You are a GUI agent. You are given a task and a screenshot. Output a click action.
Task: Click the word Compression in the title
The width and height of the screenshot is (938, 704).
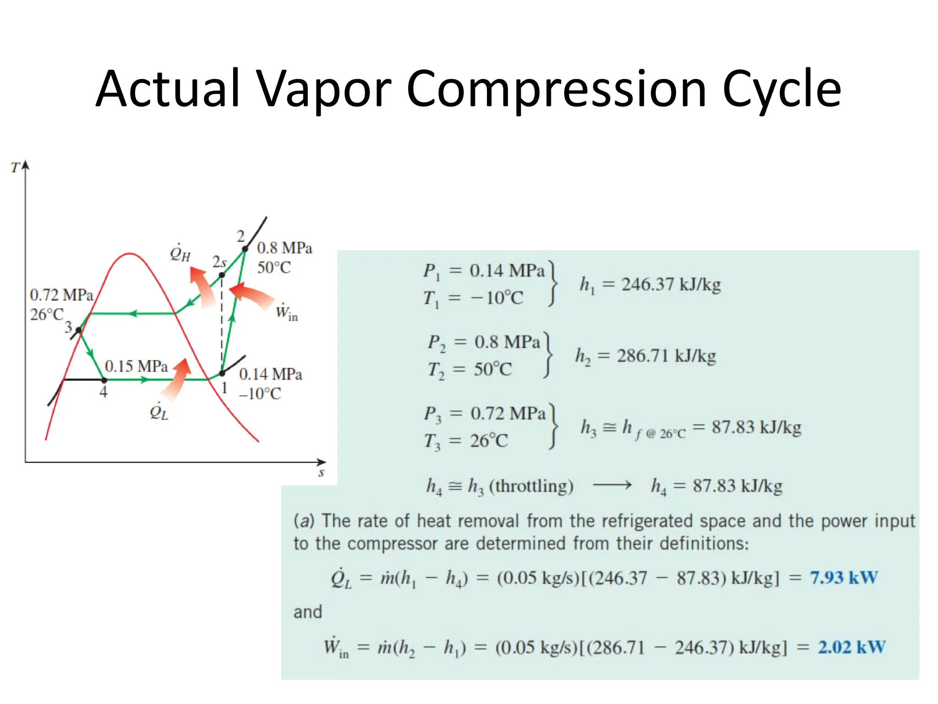pos(556,89)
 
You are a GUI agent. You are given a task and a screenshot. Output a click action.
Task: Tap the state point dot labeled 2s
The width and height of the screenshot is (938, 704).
pos(222,275)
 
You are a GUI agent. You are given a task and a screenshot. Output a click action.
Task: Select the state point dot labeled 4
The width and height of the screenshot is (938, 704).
pos(104,380)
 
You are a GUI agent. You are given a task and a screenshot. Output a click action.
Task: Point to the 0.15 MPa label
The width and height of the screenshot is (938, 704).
pos(136,366)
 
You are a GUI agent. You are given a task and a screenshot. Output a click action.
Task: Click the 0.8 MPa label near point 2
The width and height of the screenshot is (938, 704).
pos(284,248)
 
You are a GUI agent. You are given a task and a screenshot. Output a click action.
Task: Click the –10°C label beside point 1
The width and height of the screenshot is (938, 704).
pos(260,394)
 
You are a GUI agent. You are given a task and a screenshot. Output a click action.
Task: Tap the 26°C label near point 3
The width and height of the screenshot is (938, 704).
pos(46,314)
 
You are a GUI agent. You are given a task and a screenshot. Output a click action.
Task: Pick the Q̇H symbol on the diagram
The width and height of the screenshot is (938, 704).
pos(180,253)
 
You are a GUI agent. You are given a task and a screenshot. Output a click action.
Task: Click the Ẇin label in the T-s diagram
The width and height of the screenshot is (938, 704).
pos(286,313)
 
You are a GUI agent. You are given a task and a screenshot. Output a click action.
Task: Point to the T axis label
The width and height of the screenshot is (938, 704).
pos(15,168)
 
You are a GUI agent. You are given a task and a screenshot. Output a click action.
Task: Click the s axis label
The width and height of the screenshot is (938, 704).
pos(321,473)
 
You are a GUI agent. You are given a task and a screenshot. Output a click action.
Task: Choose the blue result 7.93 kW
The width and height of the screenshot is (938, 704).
pos(843,577)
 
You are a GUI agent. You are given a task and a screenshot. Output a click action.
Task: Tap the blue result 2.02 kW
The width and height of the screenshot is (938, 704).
pos(851,647)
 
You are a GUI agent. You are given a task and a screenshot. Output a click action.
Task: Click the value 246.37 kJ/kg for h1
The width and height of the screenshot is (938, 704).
pos(671,285)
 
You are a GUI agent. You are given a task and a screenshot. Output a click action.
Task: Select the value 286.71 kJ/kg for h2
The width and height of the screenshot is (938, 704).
pos(666,356)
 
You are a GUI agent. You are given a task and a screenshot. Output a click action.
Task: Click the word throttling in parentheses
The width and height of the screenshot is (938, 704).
pos(531,486)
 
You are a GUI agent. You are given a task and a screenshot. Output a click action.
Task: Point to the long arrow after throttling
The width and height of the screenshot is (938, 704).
pos(612,485)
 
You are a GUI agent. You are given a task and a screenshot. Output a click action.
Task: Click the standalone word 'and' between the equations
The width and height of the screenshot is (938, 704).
pos(308,612)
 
